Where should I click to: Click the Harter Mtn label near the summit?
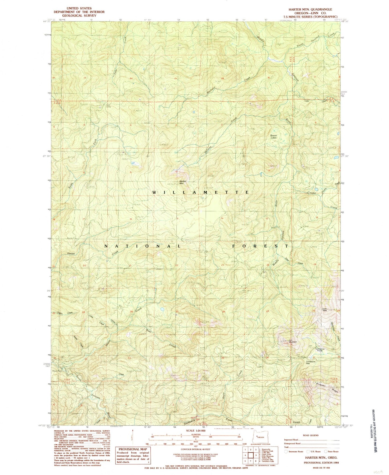coord(183,182)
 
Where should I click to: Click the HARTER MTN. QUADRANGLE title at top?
coord(309,9)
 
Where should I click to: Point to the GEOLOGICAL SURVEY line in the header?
coord(80,16)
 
